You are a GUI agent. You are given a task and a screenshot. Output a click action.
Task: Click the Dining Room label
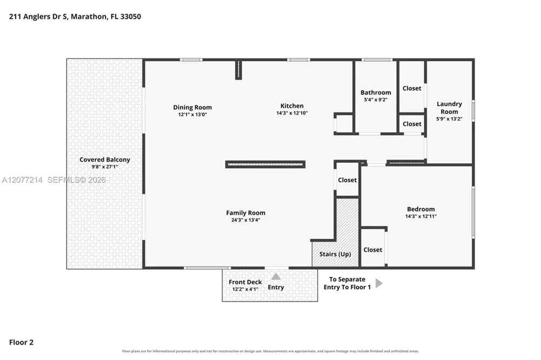[x=193, y=107]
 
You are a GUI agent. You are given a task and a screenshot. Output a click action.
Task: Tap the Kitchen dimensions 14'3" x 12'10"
[x=292, y=113]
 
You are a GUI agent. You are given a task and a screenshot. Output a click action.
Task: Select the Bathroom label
[x=376, y=92]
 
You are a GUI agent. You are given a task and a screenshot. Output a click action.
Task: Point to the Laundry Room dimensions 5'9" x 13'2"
[x=449, y=119]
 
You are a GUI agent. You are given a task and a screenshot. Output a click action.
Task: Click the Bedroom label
[x=421, y=209]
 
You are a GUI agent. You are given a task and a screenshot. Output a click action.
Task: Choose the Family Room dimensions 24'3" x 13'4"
[x=246, y=220]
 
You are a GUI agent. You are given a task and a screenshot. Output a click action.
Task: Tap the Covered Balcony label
[x=105, y=159]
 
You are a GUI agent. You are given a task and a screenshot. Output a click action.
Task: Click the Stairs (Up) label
[x=335, y=254]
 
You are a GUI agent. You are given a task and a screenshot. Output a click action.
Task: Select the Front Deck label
[x=245, y=282]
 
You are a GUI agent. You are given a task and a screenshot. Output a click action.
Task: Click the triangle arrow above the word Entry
[x=276, y=277]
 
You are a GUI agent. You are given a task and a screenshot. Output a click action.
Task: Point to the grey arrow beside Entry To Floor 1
[x=379, y=283]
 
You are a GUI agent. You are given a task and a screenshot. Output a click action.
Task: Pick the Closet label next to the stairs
[x=347, y=180]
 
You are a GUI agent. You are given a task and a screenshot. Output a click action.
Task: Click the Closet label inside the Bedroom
[x=373, y=250]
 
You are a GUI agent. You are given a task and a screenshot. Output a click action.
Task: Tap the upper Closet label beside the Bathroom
[x=412, y=88]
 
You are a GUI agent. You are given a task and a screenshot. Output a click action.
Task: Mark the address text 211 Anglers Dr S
[x=38, y=17]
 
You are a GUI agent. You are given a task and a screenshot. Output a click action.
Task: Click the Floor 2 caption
[x=22, y=342]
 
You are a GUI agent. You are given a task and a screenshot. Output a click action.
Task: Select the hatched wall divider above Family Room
[x=265, y=164]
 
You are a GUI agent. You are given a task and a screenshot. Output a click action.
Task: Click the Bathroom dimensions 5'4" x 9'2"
[x=376, y=99]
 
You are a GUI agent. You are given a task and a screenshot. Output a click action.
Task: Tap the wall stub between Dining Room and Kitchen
[x=239, y=70]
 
